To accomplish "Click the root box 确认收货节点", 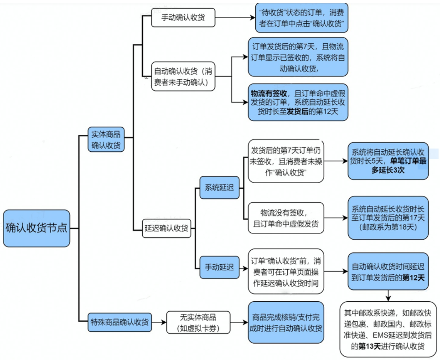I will [x=36, y=228].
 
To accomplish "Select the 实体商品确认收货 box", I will [x=106, y=139].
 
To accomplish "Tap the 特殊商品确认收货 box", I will [x=120, y=323].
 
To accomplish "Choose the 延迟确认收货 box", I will [x=166, y=228].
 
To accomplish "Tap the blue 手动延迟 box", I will [x=219, y=267].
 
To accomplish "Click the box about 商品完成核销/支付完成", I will [x=286, y=322].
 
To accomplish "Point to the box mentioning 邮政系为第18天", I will [x=388, y=217].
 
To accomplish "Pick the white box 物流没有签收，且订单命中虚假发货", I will [x=286, y=218].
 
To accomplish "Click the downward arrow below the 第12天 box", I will [x=388, y=296].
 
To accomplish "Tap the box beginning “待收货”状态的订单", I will [x=301, y=18].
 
